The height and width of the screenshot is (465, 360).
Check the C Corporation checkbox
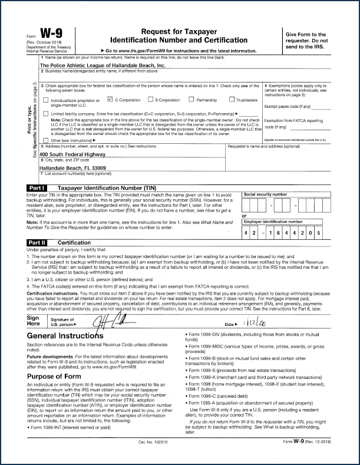(x=110, y=100)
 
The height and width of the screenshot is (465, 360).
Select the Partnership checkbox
(x=191, y=100)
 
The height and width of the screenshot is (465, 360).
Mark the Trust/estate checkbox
(x=232, y=100)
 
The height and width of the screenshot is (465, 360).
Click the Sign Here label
(x=34, y=322)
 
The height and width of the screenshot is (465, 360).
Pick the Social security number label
(x=266, y=193)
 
